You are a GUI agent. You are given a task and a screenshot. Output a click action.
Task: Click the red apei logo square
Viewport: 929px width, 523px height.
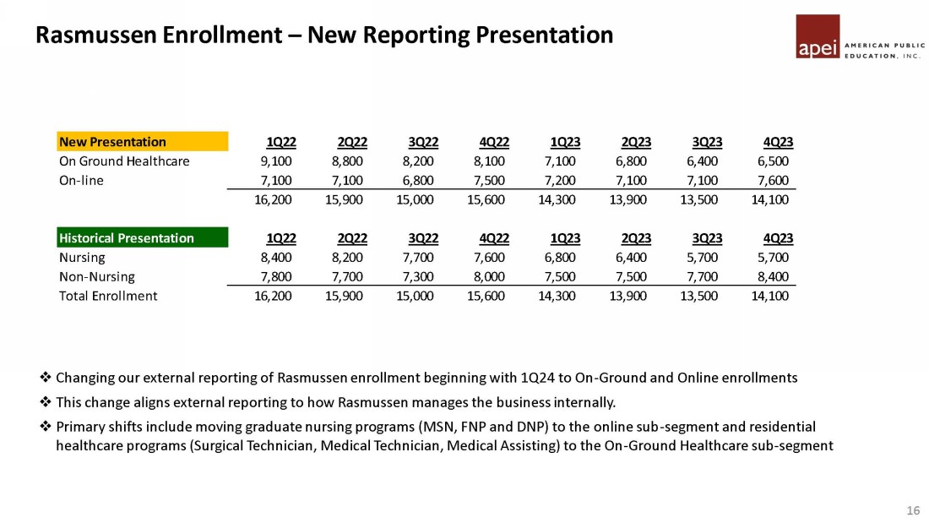818,36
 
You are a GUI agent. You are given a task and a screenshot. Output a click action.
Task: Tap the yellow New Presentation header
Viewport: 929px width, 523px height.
142,141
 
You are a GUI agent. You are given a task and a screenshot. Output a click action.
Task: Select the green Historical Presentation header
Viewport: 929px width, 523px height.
142,237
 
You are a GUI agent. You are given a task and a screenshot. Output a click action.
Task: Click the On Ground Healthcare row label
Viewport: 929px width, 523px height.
123,161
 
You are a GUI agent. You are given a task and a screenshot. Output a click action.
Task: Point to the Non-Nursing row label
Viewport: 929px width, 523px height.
96,276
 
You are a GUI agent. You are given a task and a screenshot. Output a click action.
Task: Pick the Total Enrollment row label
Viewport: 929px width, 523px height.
108,296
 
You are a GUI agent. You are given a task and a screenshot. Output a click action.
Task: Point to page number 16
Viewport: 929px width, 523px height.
912,510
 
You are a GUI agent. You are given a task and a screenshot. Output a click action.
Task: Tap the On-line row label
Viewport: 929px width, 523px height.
81,180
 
